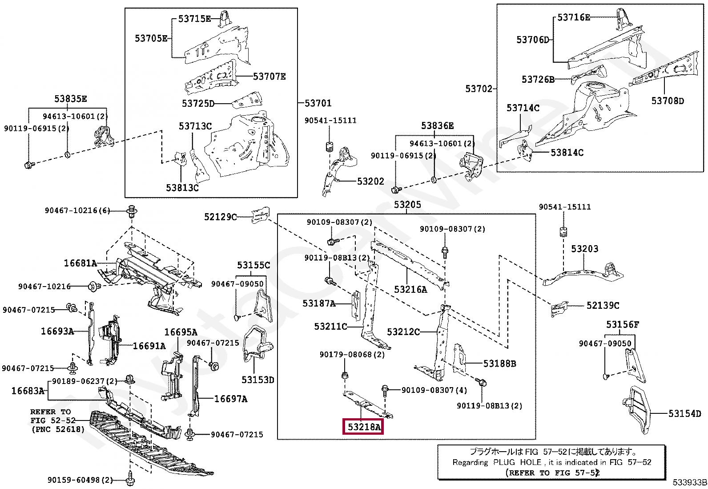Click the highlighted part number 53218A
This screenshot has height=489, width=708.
(364, 427)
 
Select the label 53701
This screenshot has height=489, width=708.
(318, 103)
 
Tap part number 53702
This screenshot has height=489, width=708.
(479, 89)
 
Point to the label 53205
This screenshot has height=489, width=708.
(407, 205)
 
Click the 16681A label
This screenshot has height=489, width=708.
(80, 263)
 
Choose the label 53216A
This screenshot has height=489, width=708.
(410, 290)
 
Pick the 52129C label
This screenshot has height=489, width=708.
(220, 217)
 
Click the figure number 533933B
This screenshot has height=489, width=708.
(689, 482)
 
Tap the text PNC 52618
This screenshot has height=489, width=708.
(58, 429)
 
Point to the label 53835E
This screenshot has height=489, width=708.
(71, 99)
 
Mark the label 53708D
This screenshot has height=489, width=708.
(668, 101)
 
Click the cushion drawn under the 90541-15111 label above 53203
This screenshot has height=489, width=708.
(563, 232)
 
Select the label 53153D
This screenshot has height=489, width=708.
(258, 380)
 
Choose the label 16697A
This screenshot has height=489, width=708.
(230, 399)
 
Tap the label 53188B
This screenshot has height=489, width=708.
(499, 364)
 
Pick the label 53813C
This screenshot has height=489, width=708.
(182, 188)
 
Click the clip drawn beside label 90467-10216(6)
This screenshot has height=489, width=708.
(132, 211)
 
